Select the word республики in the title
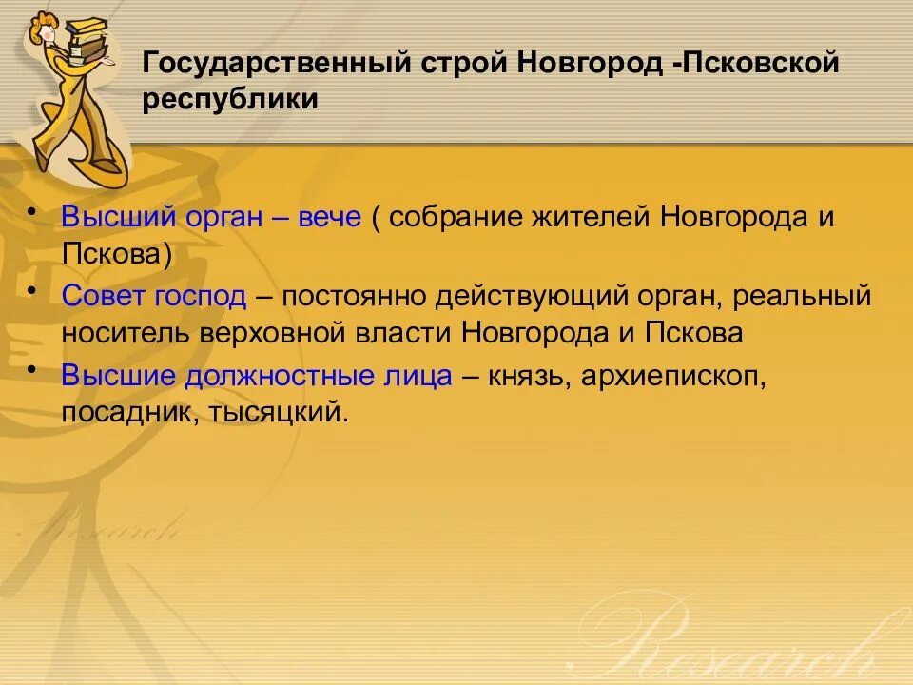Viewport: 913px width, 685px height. point(231,100)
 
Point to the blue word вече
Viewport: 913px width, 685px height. point(331,217)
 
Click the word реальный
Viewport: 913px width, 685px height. point(803,296)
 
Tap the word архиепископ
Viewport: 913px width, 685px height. point(671,375)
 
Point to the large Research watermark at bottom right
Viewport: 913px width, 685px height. point(742,637)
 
